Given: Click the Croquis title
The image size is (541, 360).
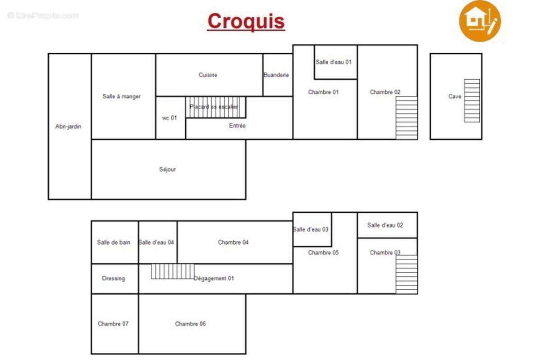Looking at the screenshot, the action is click(x=246, y=21).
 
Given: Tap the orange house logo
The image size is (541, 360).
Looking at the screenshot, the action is click(x=480, y=21).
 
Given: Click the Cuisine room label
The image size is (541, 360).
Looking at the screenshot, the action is click(x=208, y=75).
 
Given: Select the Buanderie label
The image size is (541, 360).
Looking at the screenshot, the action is click(x=276, y=75).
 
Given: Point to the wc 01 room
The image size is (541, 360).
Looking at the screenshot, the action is click(x=171, y=118).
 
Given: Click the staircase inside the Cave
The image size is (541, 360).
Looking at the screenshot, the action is click(x=472, y=100).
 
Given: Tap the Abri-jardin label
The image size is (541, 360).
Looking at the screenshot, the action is click(x=69, y=127).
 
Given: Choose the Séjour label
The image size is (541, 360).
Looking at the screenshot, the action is click(x=167, y=169).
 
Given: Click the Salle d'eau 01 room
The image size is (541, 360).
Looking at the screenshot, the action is click(x=336, y=62).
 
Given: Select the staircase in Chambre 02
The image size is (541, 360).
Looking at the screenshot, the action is click(x=407, y=118).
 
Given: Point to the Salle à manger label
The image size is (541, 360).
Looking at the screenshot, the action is click(x=121, y=96).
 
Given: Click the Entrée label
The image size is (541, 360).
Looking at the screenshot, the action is click(x=237, y=126).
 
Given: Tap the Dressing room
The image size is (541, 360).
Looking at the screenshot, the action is click(x=115, y=279).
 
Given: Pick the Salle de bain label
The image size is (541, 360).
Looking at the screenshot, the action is click(x=114, y=242).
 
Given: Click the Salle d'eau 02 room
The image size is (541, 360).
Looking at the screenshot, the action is click(x=387, y=225).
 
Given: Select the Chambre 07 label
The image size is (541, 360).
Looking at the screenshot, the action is click(x=113, y=324).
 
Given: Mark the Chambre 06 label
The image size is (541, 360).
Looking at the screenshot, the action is click(x=190, y=324).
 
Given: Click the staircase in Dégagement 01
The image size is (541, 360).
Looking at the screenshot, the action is click(x=173, y=271).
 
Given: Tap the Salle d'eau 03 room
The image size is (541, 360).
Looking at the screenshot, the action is click(x=312, y=230).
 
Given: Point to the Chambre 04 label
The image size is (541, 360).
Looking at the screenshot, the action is click(x=233, y=242).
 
